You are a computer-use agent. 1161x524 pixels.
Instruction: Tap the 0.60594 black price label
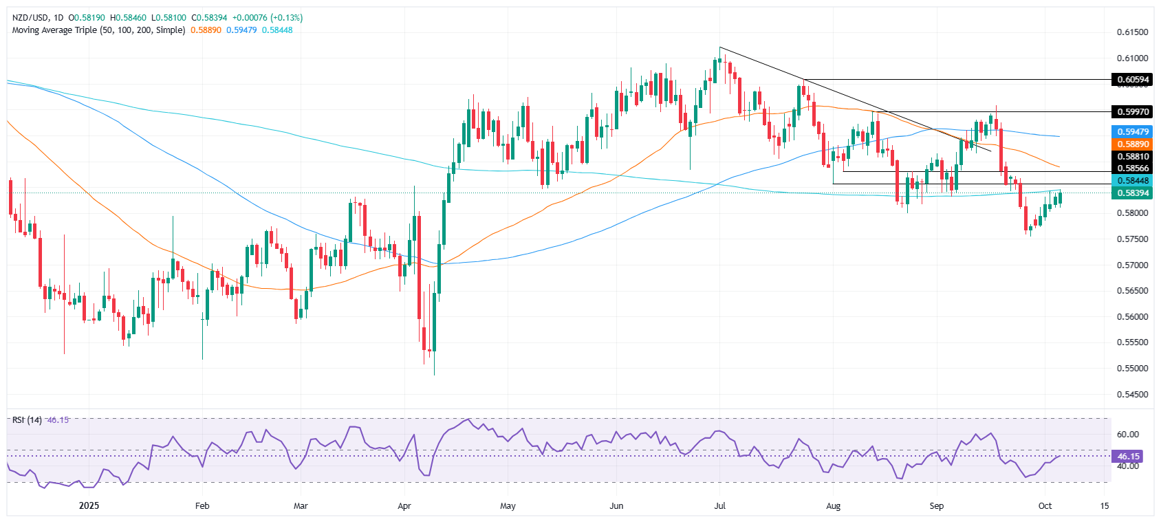pyautogui.click(x=1132, y=80)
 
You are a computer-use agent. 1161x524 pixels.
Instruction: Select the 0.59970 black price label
pyautogui.click(x=1132, y=111)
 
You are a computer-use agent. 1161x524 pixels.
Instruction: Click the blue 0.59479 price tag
pyautogui.click(x=1132, y=131)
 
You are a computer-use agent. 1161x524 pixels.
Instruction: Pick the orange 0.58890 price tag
pyautogui.click(x=1132, y=144)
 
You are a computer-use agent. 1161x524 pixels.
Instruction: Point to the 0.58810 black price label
pyautogui.click(x=1132, y=157)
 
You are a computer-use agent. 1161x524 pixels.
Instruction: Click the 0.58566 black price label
pyautogui.click(x=1132, y=168)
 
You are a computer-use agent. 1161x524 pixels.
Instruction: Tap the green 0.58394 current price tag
pyautogui.click(x=1132, y=193)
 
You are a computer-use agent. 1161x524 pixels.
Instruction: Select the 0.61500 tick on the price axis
pyautogui.click(x=1132, y=32)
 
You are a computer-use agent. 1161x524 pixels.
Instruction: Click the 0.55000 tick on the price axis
pyautogui.click(x=1132, y=369)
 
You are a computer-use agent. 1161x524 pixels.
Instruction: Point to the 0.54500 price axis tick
pyautogui.click(x=1132, y=395)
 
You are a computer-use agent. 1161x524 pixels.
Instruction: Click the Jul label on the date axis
pyautogui.click(x=720, y=506)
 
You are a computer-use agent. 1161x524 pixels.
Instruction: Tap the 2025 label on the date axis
pyautogui.click(x=89, y=506)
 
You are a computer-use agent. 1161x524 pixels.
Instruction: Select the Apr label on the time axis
pyautogui.click(x=404, y=506)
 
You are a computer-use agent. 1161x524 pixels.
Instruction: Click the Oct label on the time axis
pyautogui.click(x=1045, y=506)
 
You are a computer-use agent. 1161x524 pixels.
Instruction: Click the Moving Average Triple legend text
pyautogui.click(x=98, y=30)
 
